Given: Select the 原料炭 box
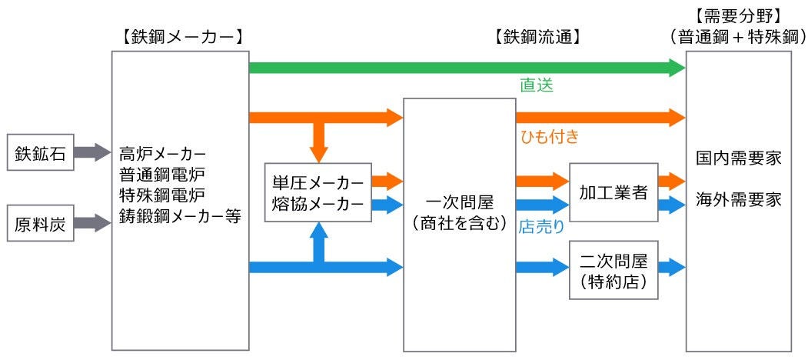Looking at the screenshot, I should click(x=41, y=224).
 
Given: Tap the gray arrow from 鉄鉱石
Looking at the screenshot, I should click(x=92, y=153).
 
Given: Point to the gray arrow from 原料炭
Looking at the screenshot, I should click(x=92, y=224).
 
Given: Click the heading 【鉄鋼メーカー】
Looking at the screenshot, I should click(x=181, y=36).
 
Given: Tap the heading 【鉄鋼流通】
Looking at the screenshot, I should click(x=537, y=36).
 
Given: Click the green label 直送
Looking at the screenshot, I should click(x=537, y=85).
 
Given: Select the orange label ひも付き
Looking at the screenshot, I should click(x=549, y=137).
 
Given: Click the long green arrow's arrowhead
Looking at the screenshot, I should click(x=677, y=68).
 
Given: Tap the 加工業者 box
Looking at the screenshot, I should click(x=613, y=192).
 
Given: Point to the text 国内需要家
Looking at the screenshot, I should click(x=738, y=158).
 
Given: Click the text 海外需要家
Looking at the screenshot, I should click(x=738, y=199).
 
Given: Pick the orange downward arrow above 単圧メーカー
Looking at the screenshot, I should click(x=318, y=141).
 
